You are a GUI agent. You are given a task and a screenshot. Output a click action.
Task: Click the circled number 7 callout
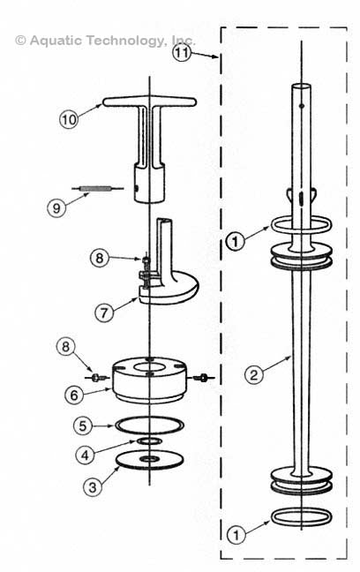coord(106,312)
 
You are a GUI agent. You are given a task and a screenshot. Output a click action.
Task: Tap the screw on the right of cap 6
coord(205,379)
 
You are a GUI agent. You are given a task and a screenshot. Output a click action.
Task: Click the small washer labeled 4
coord(149,440)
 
